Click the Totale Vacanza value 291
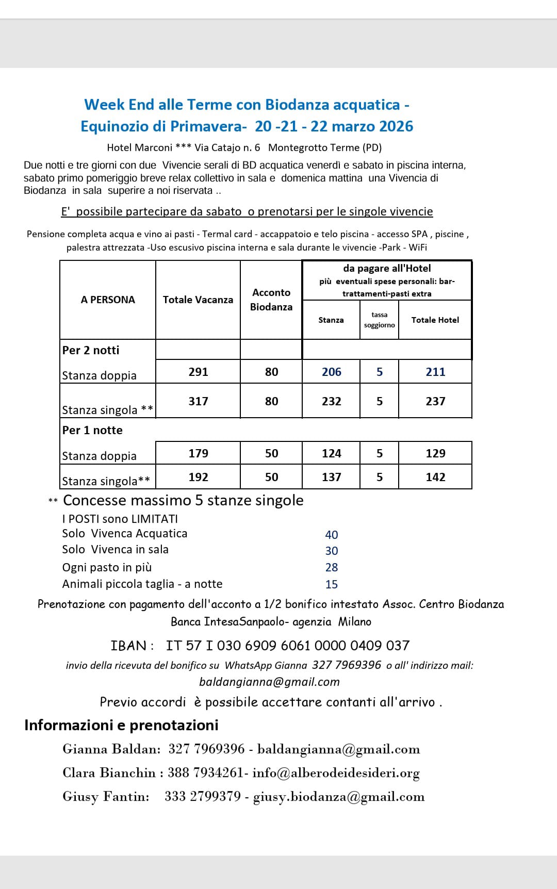(x=198, y=372)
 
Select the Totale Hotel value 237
(x=435, y=401)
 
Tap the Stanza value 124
(x=331, y=453)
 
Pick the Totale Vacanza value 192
(x=198, y=477)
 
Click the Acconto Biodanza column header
(x=271, y=300)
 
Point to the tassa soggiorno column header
(x=379, y=320)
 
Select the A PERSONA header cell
(x=108, y=300)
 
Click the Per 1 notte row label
(x=92, y=430)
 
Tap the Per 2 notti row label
(x=91, y=350)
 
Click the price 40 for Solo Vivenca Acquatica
(x=332, y=535)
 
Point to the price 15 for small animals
(x=332, y=584)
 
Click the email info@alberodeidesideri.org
(x=336, y=773)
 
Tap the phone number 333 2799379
(x=203, y=797)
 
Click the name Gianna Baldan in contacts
(x=111, y=749)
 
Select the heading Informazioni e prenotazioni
(x=121, y=725)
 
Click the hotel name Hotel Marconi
(x=139, y=147)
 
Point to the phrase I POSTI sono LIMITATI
(x=120, y=519)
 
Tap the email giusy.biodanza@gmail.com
(x=339, y=797)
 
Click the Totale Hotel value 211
(x=435, y=372)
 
